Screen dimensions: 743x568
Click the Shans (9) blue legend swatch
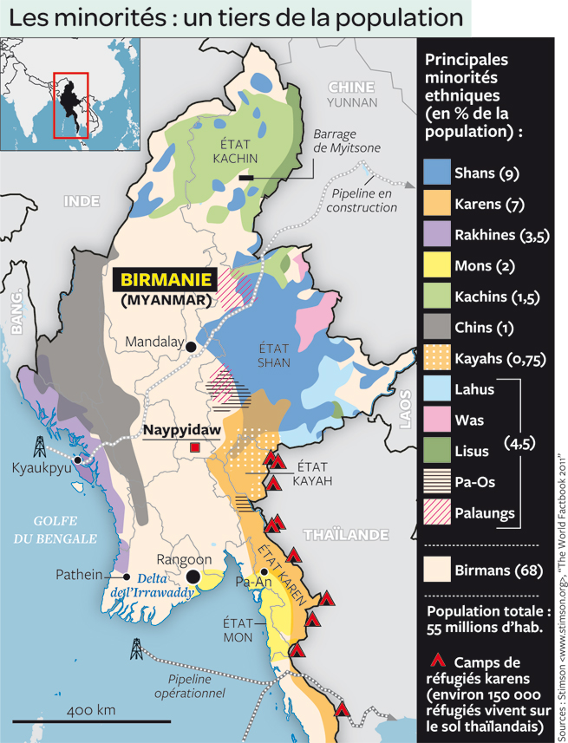click(436, 172)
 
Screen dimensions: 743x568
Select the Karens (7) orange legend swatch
click(436, 203)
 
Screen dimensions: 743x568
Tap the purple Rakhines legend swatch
click(436, 234)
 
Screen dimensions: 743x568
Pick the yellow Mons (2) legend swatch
click(436, 265)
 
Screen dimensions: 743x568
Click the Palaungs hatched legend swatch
click(436, 513)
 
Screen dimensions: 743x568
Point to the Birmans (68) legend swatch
click(436, 570)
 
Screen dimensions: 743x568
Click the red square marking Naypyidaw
click(195, 447)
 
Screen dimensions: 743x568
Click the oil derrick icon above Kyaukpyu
click(39, 446)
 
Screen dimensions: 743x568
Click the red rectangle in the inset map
click(71, 105)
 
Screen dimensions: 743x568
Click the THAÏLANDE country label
click(346, 534)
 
